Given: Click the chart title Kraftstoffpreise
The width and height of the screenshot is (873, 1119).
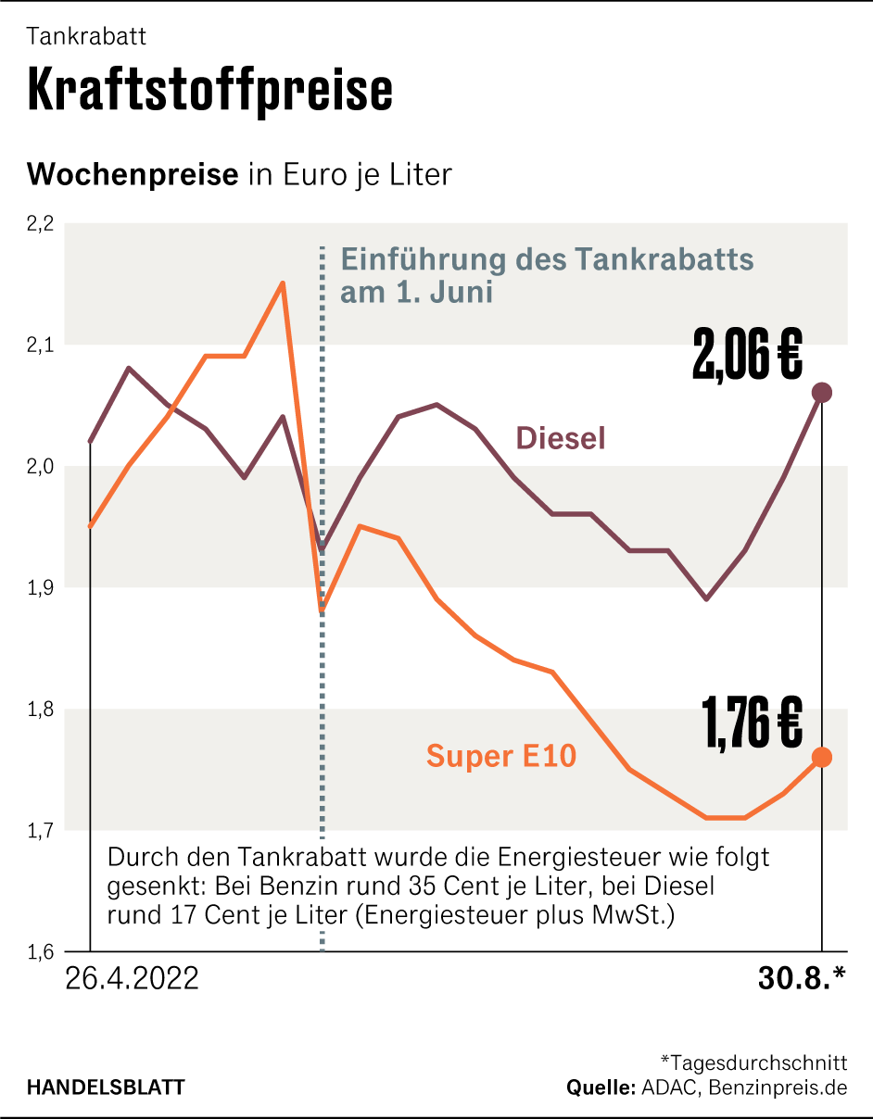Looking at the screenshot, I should [x=210, y=90].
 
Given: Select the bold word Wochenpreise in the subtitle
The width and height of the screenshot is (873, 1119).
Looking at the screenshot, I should [x=133, y=174].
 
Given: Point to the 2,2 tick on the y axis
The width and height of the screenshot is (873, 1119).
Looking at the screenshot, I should [x=41, y=223].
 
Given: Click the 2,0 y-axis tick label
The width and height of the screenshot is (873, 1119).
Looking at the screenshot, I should [x=41, y=466].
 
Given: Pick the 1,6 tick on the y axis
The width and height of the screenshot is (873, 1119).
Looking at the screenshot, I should [x=41, y=951].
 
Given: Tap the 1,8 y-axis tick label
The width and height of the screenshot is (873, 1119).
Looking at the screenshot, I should [x=41, y=710].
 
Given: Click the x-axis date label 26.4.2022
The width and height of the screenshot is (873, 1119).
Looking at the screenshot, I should [x=133, y=979].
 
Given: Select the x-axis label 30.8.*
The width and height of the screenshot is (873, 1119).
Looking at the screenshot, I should [x=802, y=979].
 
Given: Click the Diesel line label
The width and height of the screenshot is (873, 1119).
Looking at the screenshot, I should [x=560, y=438].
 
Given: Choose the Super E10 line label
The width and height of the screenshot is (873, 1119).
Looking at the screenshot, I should [x=501, y=757].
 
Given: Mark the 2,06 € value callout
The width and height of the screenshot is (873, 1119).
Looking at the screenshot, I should [x=747, y=358].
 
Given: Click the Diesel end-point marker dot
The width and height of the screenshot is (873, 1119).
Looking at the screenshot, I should [x=821, y=393].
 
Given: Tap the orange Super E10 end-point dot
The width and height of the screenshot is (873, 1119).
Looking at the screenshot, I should [x=821, y=758].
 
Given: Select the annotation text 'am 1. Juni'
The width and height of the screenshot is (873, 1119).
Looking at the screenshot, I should [x=416, y=293].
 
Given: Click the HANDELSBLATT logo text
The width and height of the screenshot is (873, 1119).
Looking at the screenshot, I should [x=105, y=1087].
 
